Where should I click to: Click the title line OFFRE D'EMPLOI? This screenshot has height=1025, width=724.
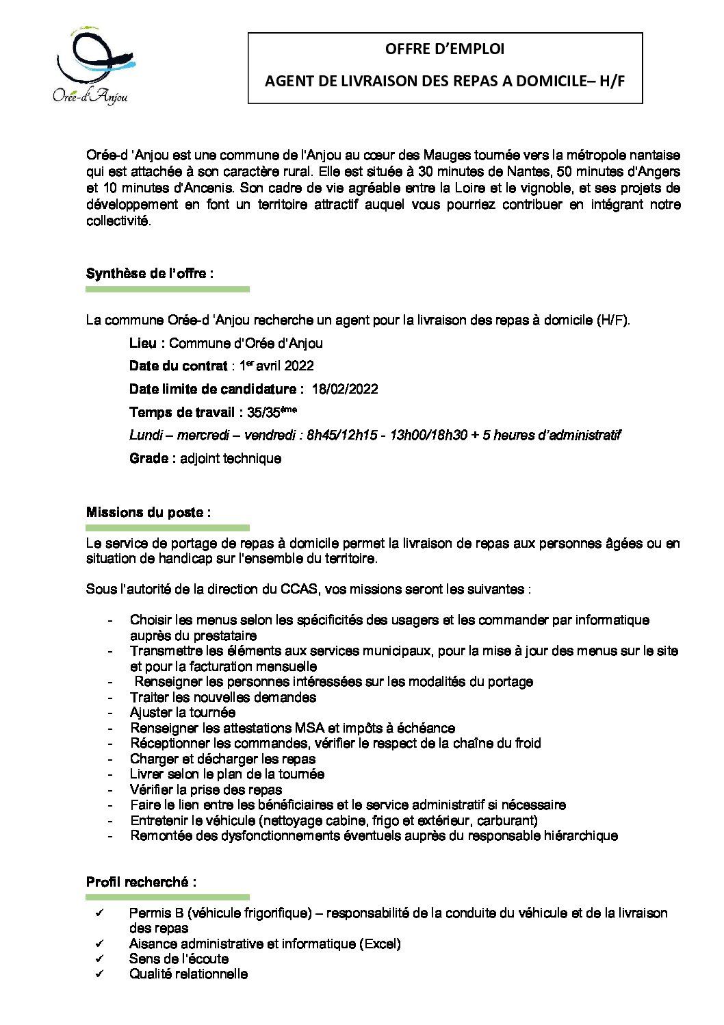(445, 49)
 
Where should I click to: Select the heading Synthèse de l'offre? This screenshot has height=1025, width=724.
(149, 273)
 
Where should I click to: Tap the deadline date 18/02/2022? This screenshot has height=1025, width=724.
(344, 389)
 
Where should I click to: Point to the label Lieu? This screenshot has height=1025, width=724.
(146, 342)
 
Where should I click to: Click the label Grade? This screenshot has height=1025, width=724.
(148, 458)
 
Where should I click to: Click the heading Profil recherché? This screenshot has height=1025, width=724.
(141, 882)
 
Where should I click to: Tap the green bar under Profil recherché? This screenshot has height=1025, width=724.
(168, 896)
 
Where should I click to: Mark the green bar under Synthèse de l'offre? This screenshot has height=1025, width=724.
(168, 290)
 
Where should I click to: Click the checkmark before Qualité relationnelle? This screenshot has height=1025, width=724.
(100, 974)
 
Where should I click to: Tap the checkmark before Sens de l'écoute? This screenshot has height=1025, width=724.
(100, 959)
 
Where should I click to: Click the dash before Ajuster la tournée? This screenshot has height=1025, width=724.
(111, 713)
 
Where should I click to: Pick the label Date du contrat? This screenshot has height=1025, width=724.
(178, 366)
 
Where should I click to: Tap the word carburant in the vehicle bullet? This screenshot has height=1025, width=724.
(508, 820)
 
